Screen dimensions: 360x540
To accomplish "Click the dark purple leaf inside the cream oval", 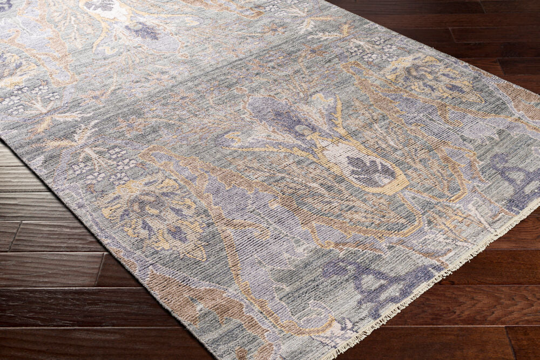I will (370, 172).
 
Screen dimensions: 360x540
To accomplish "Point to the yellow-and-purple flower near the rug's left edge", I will (157, 216).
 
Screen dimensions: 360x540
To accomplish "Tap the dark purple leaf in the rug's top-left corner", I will (5, 5).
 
